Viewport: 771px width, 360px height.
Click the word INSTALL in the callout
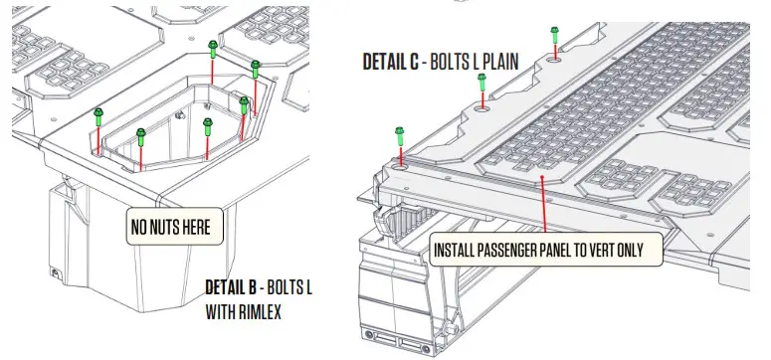(456, 250)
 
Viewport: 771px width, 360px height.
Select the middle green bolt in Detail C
(482, 84)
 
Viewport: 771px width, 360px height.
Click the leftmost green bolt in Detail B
(98, 116)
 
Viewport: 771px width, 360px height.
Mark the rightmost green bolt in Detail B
(256, 68)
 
